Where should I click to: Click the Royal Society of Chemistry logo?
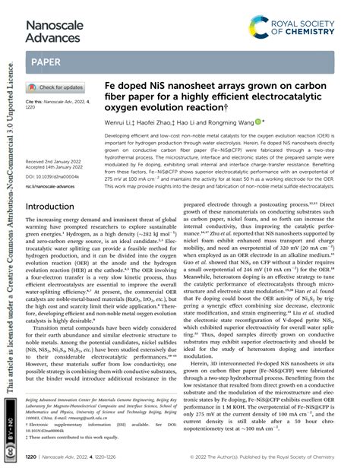305,18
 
